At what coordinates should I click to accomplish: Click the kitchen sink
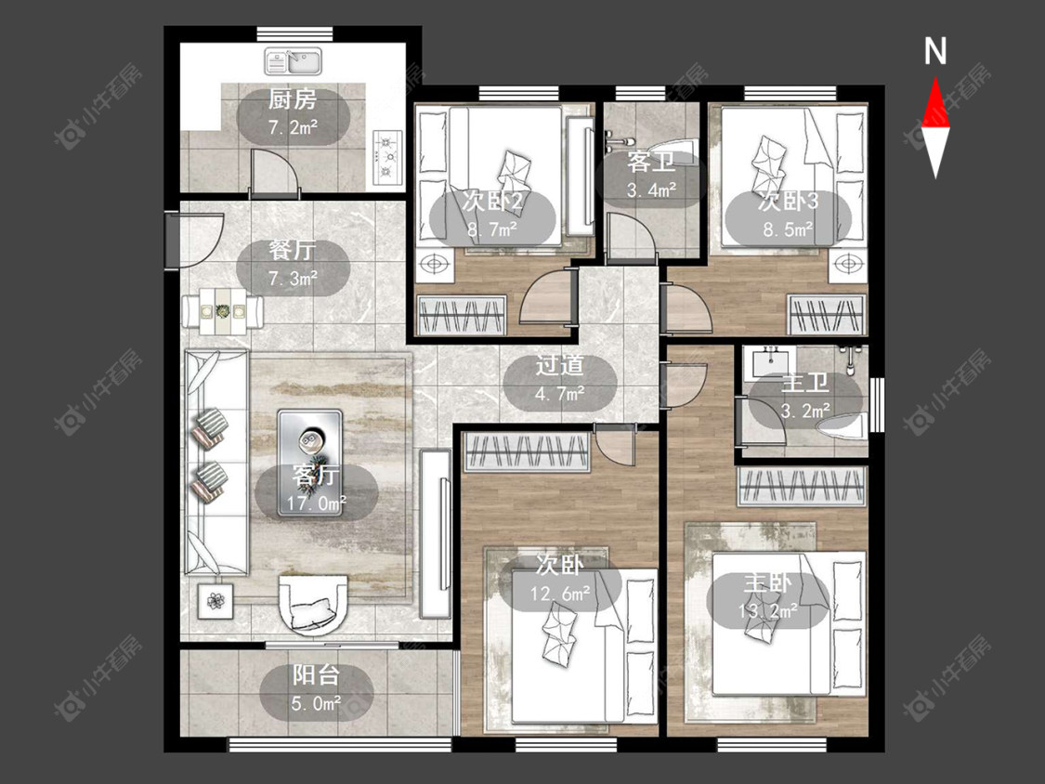294,61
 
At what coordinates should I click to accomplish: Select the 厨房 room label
293,99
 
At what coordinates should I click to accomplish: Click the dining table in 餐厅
223,310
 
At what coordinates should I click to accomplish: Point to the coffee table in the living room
310,464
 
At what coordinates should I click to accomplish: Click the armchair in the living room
313,603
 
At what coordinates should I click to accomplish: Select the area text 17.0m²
317,503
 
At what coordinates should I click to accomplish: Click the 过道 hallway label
560,365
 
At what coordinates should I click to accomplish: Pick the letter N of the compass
935,52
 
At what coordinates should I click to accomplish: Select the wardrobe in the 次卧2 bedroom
461,315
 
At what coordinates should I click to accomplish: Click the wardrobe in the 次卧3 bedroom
827,316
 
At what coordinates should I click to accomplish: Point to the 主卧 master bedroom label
768,583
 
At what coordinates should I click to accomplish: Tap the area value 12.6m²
560,594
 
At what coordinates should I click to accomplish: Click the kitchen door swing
273,174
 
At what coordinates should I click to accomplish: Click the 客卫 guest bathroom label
651,162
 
